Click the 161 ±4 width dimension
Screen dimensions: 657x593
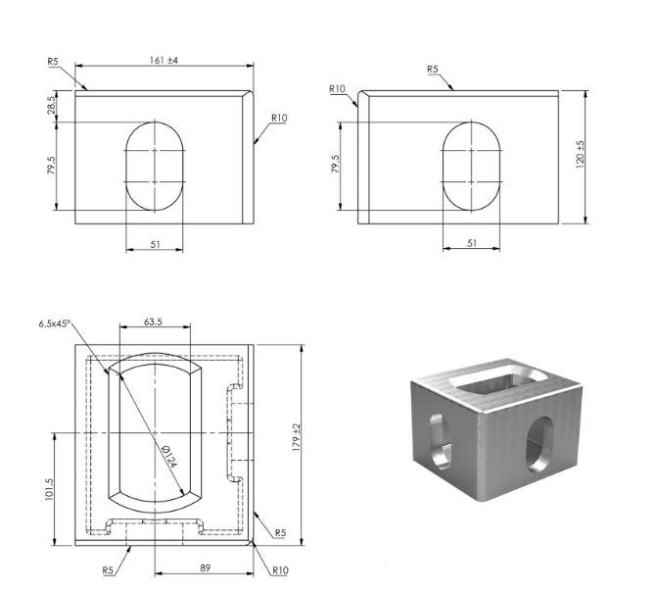pyautogui.click(x=164, y=61)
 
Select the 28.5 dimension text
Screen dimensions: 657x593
pyautogui.click(x=51, y=105)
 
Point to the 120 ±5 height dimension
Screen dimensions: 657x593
pyautogui.click(x=581, y=154)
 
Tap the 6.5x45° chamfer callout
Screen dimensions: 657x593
pyautogui.click(x=55, y=323)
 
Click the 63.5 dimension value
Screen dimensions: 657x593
pyautogui.click(x=153, y=322)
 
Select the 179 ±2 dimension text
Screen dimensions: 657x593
pyautogui.click(x=297, y=437)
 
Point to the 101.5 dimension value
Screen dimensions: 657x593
pyautogui.click(x=49, y=489)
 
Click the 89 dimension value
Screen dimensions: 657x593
pyautogui.click(x=205, y=568)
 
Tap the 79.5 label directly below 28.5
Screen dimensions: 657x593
pyautogui.click(x=51, y=166)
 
